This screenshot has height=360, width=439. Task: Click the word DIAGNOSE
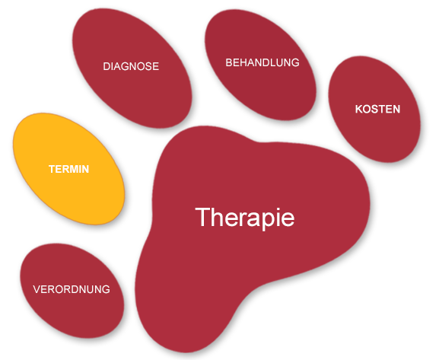131,66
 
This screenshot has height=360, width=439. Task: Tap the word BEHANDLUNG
262,62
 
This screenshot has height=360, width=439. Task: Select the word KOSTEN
377,109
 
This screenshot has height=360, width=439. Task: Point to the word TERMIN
69,169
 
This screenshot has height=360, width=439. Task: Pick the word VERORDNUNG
72,289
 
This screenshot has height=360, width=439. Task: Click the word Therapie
245,218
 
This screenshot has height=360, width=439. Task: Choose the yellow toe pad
69,169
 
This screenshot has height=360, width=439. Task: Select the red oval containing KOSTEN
374,109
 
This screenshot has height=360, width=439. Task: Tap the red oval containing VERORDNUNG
72,291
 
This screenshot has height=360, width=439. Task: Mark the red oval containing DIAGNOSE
132,68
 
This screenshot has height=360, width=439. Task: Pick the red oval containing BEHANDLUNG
261,65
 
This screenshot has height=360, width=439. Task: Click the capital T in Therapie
202,217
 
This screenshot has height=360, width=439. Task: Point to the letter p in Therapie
264,221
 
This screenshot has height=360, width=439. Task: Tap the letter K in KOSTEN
359,109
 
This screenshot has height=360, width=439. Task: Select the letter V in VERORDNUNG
37,289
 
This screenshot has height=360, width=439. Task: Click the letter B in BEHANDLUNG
229,62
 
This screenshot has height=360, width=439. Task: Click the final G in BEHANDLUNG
295,62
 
